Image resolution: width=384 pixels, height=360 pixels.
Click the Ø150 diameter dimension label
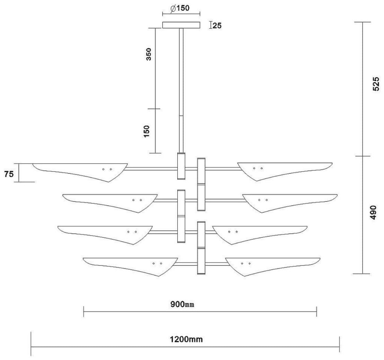point(180,8)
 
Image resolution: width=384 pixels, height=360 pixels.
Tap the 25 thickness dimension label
point(217,25)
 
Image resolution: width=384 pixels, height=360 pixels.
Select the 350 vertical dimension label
point(149,54)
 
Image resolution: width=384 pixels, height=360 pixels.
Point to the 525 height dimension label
point(376,84)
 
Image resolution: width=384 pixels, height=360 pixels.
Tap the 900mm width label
point(182,304)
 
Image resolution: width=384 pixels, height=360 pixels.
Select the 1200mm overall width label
point(186,340)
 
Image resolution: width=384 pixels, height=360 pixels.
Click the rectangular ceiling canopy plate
point(181,25)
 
